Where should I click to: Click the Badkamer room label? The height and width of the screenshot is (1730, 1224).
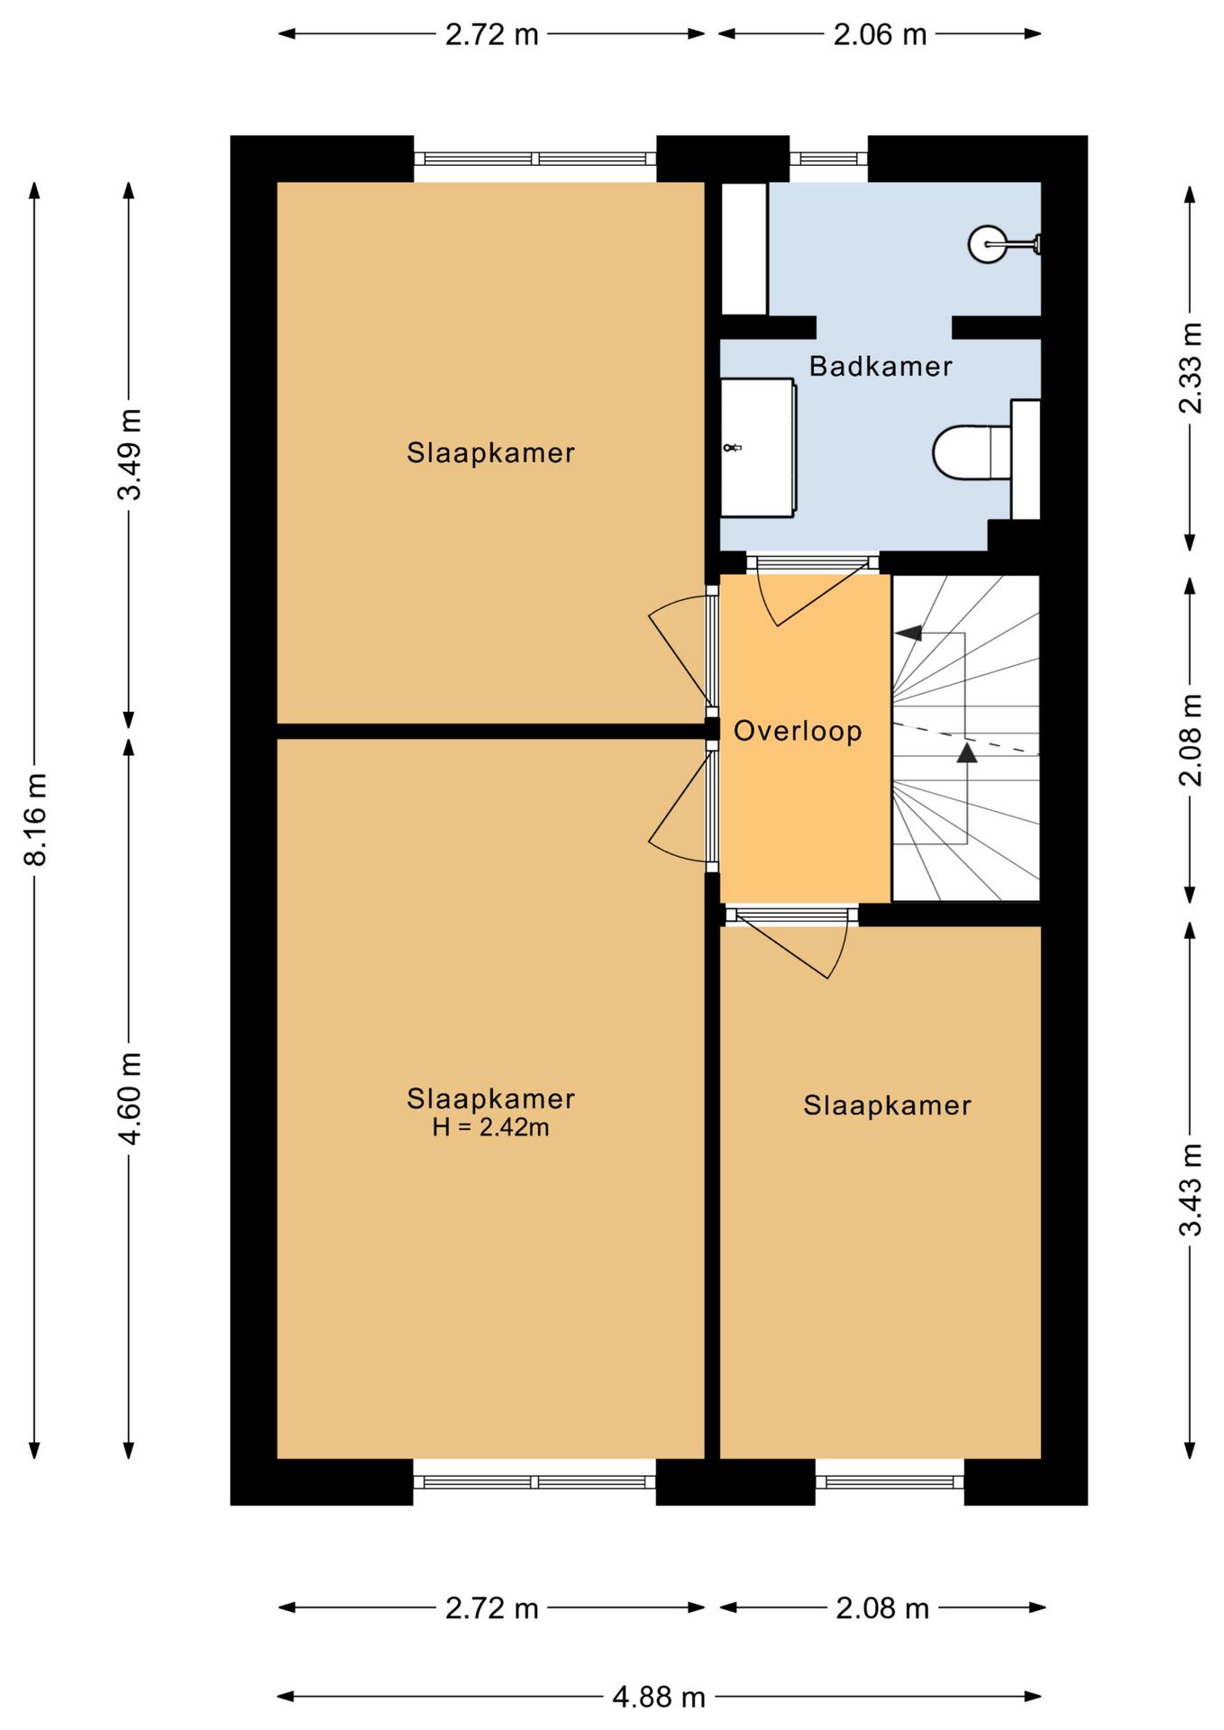880,366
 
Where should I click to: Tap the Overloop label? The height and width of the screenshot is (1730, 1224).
798,731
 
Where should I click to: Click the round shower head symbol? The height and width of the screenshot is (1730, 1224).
987,243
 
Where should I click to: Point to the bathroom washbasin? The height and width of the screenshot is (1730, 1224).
758,448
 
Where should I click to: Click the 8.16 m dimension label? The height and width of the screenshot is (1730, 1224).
35,819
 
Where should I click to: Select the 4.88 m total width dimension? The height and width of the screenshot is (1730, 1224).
659,1698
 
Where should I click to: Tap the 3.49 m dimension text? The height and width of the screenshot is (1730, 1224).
130,453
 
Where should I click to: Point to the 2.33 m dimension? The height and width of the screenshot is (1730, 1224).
1190,368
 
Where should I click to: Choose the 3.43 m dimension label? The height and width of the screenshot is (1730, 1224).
1190,1189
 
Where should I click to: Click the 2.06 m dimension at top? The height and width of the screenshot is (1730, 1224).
880,34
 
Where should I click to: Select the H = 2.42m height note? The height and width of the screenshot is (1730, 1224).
490,1127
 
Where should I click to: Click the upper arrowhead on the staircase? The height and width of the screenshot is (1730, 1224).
908,633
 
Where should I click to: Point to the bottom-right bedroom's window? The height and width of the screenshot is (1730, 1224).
890,1482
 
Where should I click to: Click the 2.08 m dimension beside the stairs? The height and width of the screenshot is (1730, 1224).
1190,740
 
